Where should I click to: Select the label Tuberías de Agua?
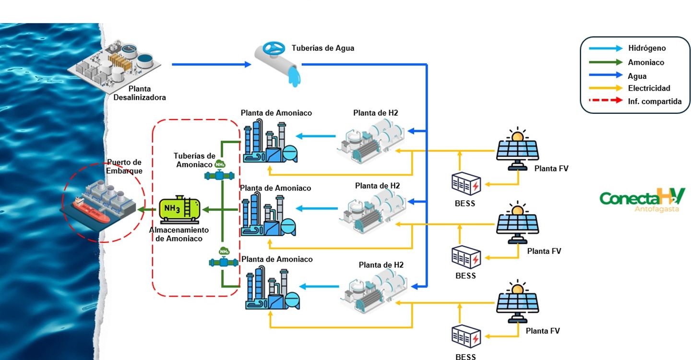pos(323,48)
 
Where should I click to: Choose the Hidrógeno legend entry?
pos(647,48)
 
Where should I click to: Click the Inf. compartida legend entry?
pos(655,101)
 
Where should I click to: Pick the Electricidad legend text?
pos(649,88)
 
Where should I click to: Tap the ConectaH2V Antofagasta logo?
pos(643,199)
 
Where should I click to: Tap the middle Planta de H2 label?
pos(377,186)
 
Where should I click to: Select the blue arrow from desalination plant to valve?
pos(211,64)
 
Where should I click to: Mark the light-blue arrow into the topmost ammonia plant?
pos(316,136)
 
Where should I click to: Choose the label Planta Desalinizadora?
pos(140,93)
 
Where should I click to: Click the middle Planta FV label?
pos(544,251)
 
